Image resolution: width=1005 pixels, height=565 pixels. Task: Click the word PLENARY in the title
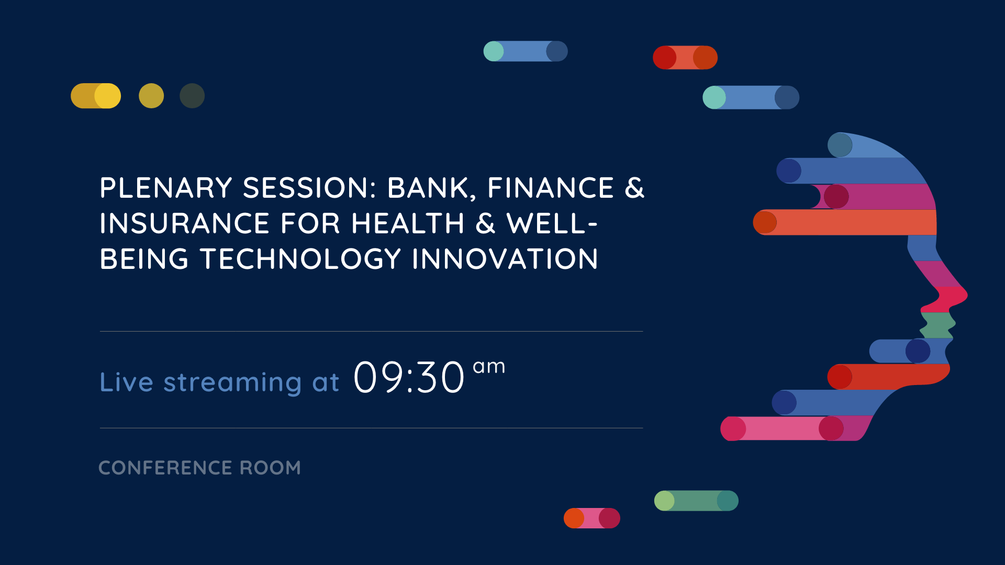click(166, 188)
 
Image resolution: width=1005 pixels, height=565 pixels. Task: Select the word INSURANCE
click(185, 223)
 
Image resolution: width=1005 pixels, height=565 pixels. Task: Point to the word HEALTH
click(408, 223)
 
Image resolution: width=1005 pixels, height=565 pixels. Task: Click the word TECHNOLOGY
click(301, 259)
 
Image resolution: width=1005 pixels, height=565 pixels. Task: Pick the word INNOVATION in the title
click(505, 259)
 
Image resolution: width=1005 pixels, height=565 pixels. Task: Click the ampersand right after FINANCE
click(634, 188)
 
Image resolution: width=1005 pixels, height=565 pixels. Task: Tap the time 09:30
click(409, 377)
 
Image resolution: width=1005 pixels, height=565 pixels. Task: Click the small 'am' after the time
click(489, 367)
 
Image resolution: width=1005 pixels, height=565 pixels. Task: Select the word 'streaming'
click(232, 383)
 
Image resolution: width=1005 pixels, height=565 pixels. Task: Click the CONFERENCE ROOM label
click(199, 468)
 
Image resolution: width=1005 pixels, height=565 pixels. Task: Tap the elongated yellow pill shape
click(96, 96)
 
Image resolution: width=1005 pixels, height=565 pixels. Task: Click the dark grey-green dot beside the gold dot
click(192, 96)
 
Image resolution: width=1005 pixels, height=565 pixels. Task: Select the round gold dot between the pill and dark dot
click(151, 96)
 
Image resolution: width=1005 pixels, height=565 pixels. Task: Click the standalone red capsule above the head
click(685, 58)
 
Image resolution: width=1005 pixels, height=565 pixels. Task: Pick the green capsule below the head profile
click(696, 501)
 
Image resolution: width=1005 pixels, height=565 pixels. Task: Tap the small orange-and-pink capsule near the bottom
click(592, 518)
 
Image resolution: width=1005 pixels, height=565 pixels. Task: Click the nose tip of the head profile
click(966, 295)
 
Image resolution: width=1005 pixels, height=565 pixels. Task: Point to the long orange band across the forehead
click(845, 222)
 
